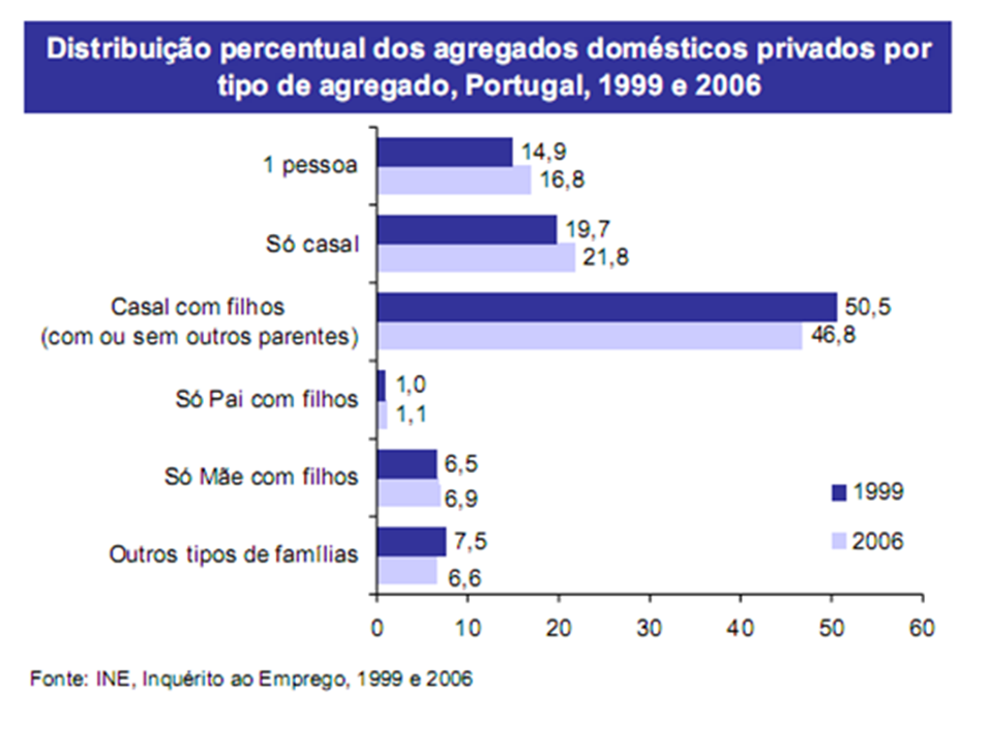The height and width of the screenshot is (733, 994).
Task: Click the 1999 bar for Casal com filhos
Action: coord(608,307)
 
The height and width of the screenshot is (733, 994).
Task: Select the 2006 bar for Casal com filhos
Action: coord(590,335)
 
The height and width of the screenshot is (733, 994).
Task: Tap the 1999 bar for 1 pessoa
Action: coord(445,151)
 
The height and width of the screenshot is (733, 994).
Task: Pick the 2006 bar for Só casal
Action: coord(477,258)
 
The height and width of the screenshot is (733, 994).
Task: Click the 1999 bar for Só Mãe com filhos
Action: coord(407,464)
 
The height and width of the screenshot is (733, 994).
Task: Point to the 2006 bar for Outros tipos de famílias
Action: coord(407,571)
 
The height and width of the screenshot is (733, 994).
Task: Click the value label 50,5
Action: coord(867,307)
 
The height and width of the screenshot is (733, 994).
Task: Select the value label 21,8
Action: coord(606,257)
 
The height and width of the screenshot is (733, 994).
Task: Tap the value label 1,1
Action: coord(411,414)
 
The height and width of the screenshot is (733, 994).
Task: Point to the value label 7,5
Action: coord(471,541)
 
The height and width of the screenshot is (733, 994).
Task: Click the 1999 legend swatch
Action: coord(839,492)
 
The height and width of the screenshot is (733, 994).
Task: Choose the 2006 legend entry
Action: coord(867,541)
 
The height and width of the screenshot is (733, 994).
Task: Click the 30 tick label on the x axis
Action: coord(649,628)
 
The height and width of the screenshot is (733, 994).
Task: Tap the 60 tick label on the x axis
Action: coord(922,628)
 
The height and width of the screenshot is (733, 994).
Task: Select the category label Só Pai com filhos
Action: coord(267,399)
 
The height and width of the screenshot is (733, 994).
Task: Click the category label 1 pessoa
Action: coord(311,165)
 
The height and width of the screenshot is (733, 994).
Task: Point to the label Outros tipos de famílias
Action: coord(234,554)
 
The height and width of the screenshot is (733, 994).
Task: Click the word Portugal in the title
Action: coord(523,85)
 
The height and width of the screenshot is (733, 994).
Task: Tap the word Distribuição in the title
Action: coord(129,50)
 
